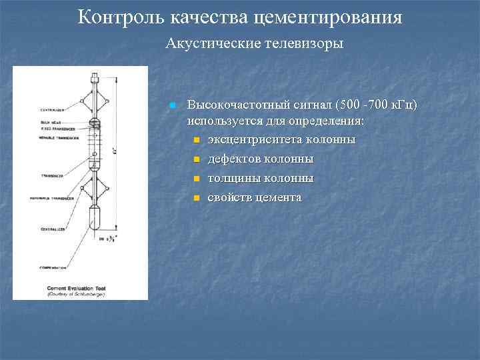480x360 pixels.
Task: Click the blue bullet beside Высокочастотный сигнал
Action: pos(172,106)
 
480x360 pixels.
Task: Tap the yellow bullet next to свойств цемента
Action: pos(197,199)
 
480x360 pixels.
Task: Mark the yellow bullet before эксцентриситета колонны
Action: pos(197,141)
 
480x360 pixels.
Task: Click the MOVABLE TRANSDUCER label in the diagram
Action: pos(39,137)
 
